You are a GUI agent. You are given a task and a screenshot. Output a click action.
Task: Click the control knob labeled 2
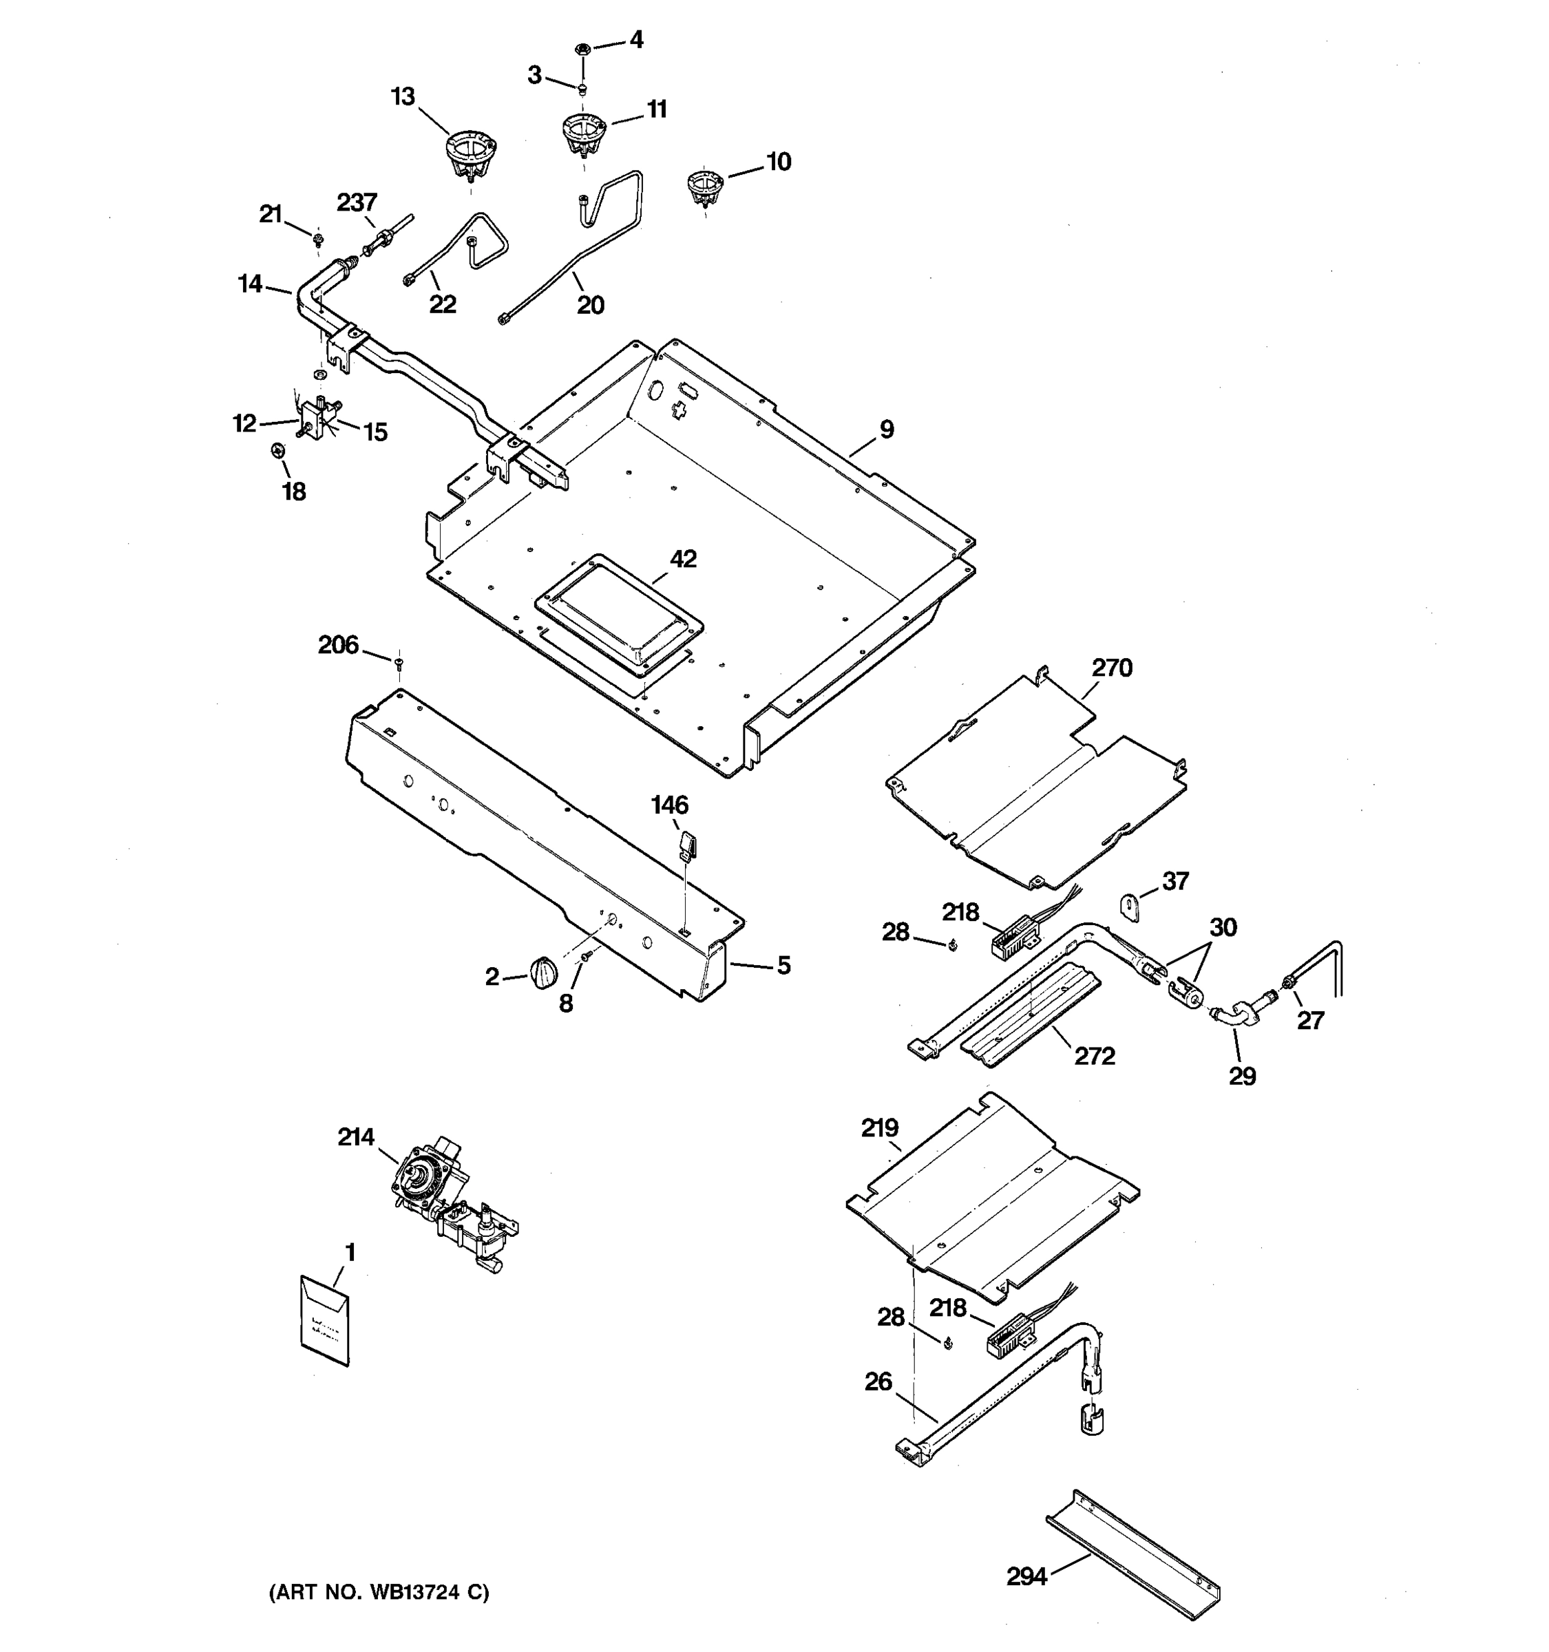(x=542, y=971)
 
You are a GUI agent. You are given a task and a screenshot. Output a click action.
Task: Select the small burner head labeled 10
(x=706, y=187)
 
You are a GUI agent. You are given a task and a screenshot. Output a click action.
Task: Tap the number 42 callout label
(x=683, y=559)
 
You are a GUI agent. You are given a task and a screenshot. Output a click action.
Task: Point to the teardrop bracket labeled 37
(x=1129, y=905)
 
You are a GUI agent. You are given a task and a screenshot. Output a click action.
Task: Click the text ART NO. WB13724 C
(x=379, y=1592)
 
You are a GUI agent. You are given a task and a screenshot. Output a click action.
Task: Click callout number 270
(x=1112, y=667)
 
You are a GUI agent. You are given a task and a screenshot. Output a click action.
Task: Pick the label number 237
(x=357, y=202)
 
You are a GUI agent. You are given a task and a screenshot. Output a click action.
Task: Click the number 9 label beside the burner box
(x=887, y=430)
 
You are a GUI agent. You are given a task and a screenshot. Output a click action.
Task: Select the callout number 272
(x=1095, y=1055)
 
